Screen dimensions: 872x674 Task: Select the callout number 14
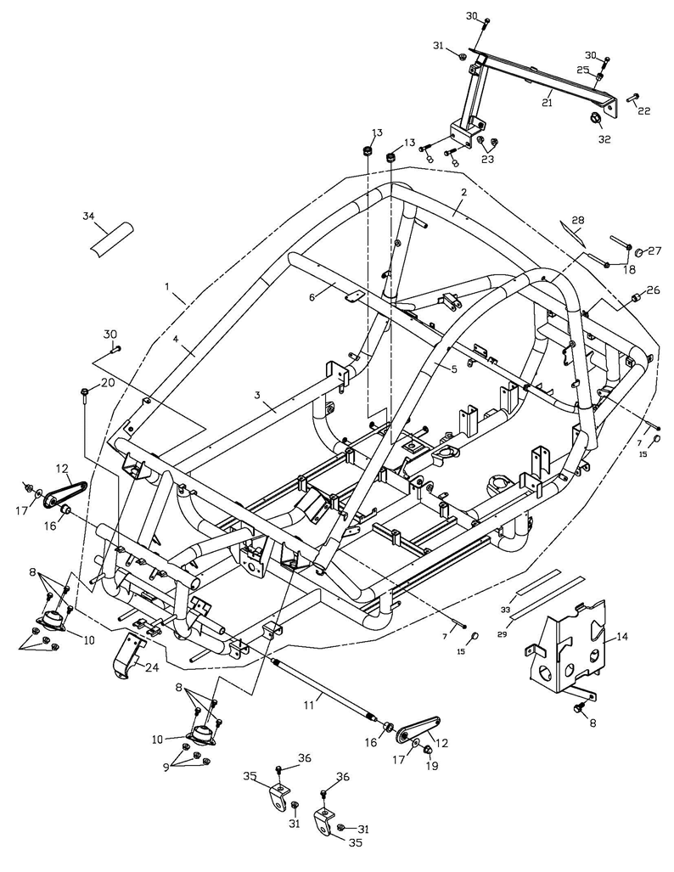tap(622, 636)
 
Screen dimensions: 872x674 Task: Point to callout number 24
tap(151, 667)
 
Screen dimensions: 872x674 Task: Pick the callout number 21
tap(548, 103)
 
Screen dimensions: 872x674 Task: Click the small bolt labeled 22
tap(632, 99)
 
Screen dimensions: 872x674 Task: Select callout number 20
tap(108, 383)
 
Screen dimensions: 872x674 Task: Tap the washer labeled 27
tap(641, 251)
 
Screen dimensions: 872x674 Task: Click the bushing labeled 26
tap(634, 301)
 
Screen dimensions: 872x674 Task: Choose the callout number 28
tap(578, 220)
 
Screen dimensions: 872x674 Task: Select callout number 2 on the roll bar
tap(463, 193)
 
